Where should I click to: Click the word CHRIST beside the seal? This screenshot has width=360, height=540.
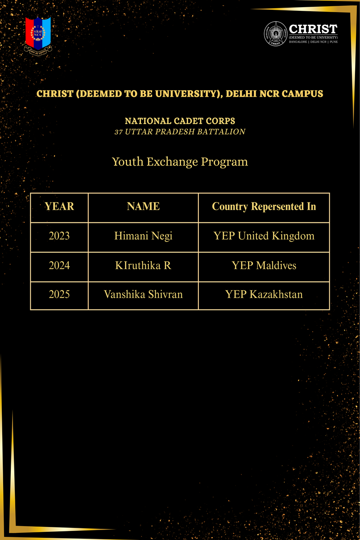point(313,28)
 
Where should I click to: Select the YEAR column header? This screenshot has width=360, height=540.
point(59,207)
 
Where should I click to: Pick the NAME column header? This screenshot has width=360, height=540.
point(143,207)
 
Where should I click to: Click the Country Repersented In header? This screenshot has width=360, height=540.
point(264,207)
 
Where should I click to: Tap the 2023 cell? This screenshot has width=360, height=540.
point(59,236)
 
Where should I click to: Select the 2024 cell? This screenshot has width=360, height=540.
point(59,265)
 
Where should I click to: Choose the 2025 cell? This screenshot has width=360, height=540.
point(59,295)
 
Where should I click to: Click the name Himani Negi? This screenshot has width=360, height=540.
point(143,236)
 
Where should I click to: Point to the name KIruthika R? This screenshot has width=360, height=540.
point(143,265)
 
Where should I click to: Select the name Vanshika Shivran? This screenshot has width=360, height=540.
point(143,295)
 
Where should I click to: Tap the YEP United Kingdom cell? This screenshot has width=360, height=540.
point(264,236)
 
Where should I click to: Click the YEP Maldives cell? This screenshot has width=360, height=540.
point(264,265)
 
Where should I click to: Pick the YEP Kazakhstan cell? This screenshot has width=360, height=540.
point(264,295)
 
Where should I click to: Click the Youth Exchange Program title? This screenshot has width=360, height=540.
point(180,162)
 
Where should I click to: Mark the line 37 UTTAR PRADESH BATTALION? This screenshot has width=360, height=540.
point(180,132)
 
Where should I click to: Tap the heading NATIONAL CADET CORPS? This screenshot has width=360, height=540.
point(180,121)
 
